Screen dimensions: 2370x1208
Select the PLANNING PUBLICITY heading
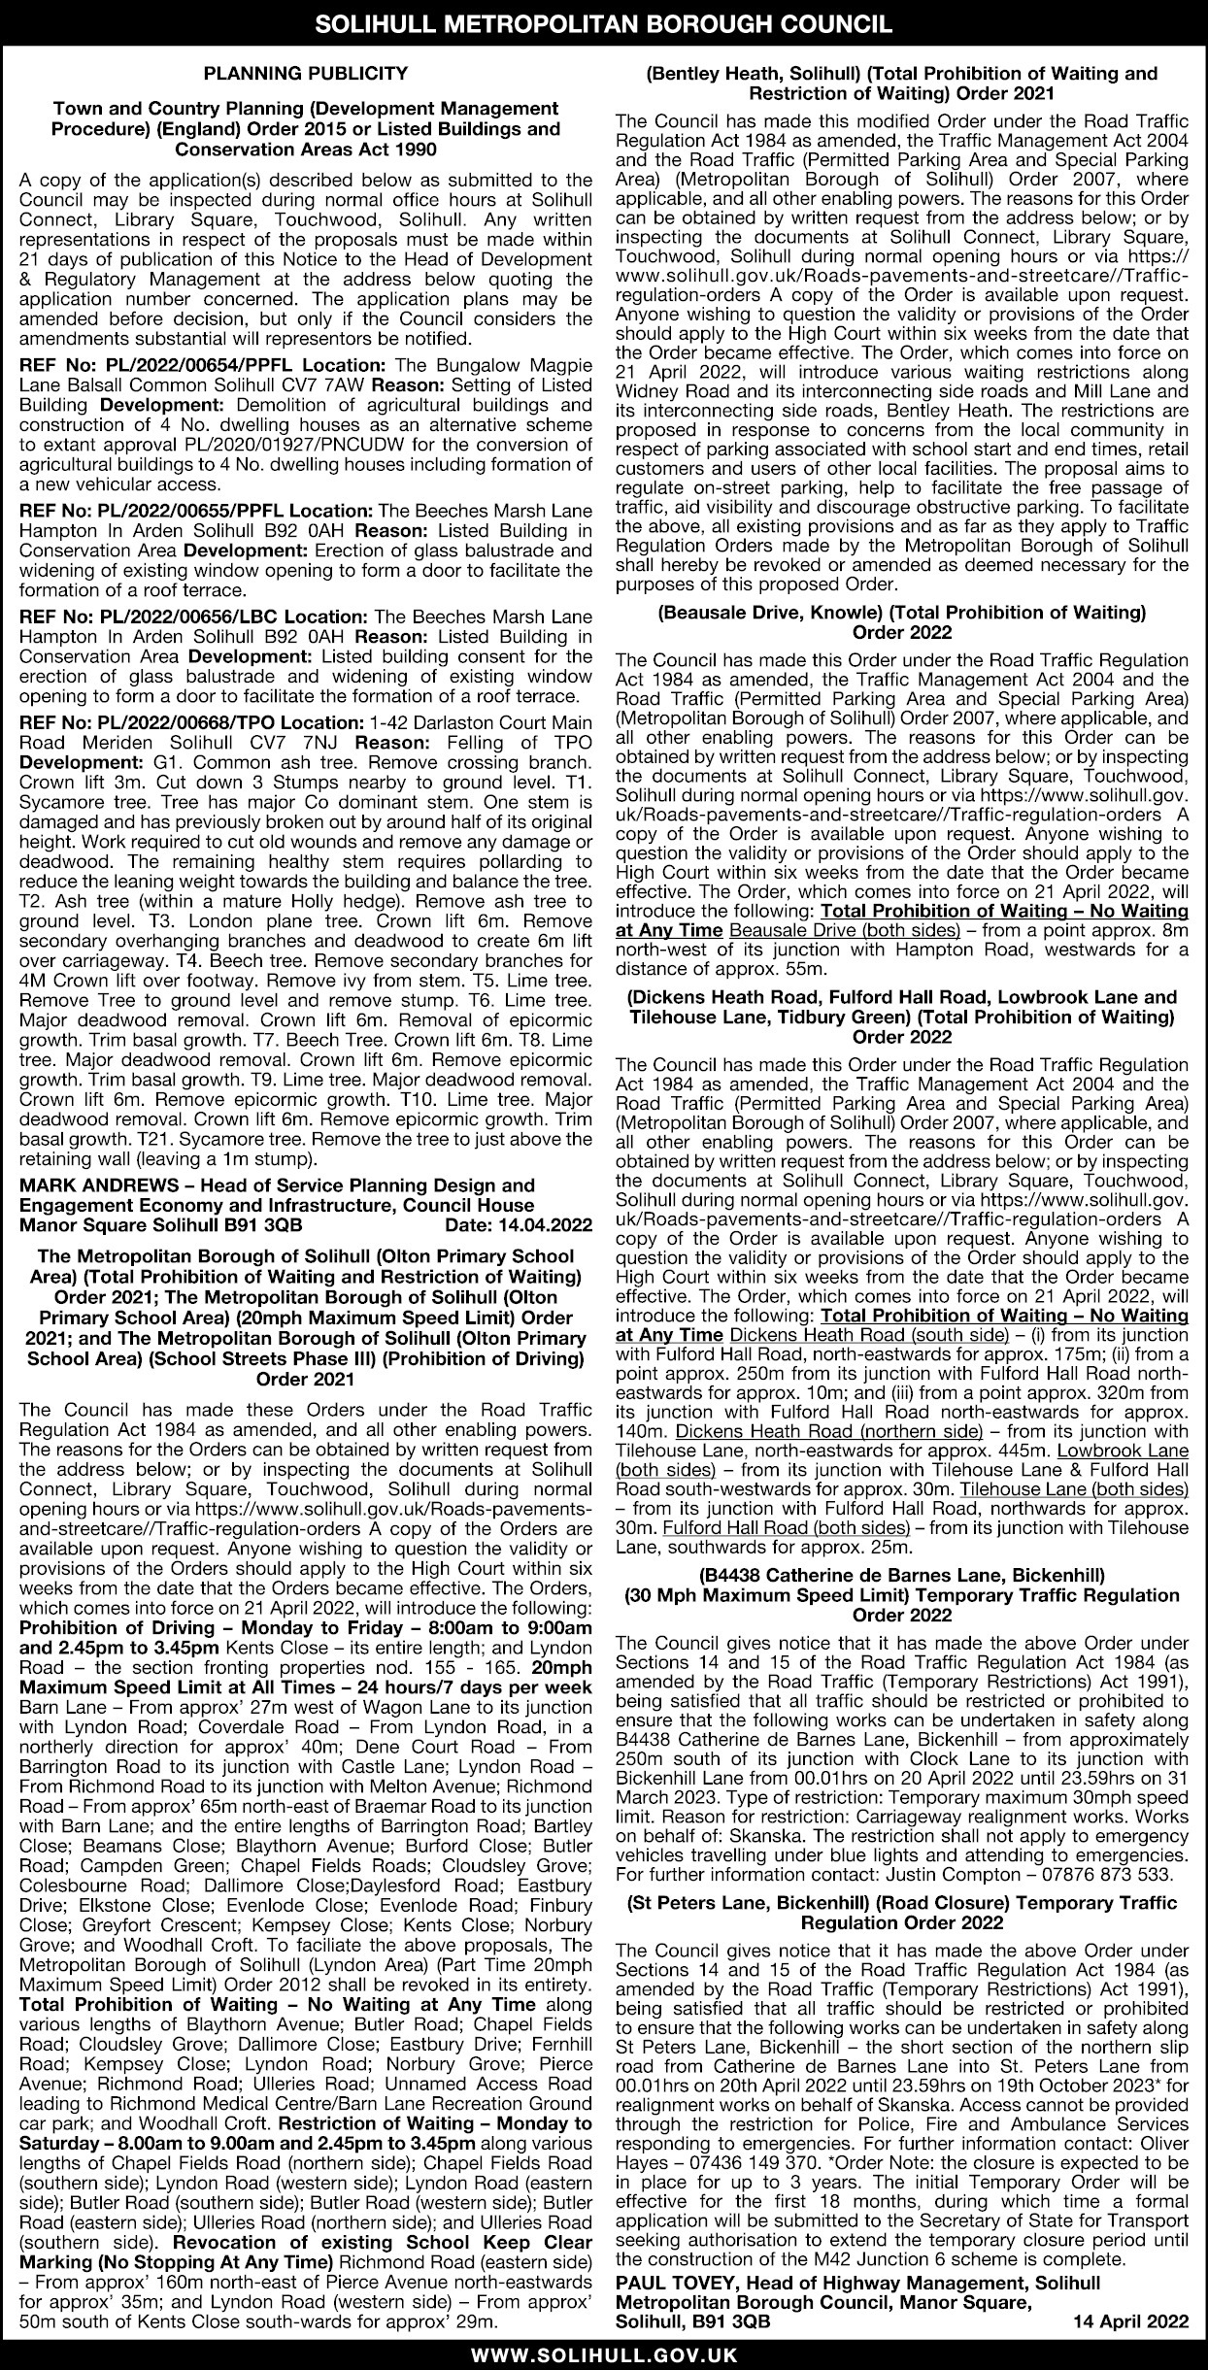pos(305,73)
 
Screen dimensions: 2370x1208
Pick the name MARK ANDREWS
pos(84,1185)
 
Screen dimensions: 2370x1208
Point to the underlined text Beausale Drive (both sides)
pos(844,930)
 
